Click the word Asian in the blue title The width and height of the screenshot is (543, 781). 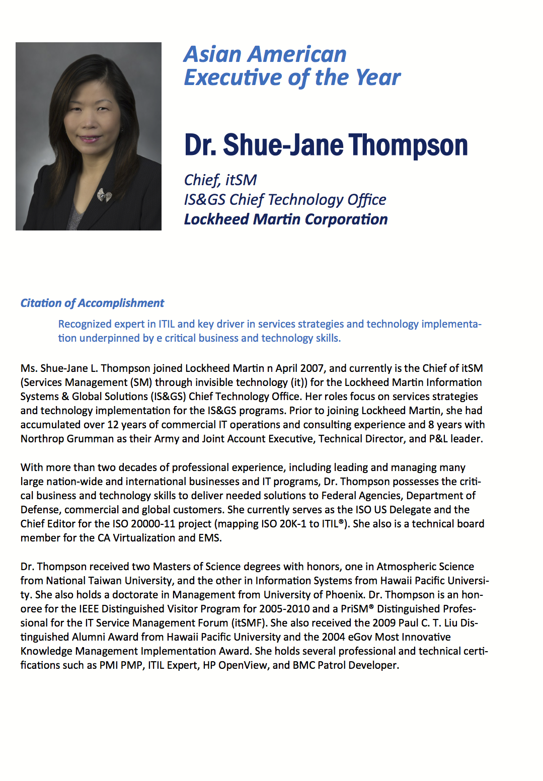[213, 54]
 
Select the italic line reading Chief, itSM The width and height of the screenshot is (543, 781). [220, 180]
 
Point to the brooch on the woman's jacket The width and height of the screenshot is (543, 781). [104, 195]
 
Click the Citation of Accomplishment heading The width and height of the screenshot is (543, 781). [92, 303]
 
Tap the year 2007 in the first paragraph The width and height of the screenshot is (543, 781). [312, 368]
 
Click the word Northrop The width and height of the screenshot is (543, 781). [42, 439]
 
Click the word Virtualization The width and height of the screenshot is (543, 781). [144, 538]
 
